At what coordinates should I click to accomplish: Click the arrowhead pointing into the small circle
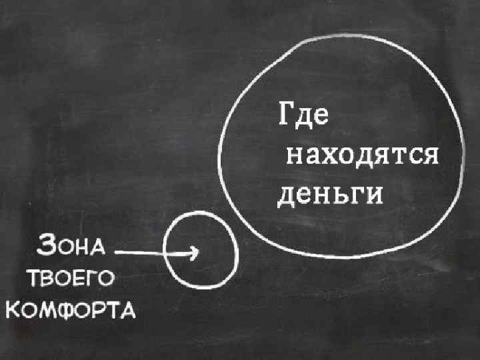point(194,252)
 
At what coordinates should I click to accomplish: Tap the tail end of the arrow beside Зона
point(117,252)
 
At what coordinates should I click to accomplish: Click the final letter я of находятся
point(427,157)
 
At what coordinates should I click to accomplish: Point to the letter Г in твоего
point(87,277)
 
